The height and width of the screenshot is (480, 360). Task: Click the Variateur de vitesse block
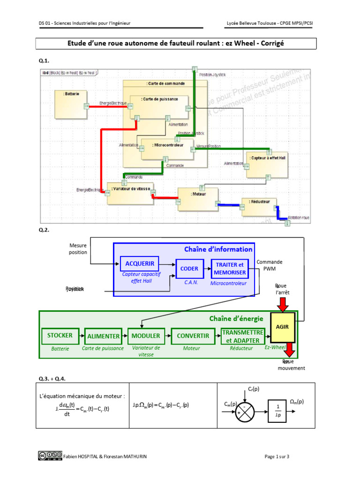point(130,193)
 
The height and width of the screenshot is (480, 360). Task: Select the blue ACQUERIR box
point(140,263)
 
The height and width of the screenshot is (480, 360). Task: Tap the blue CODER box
point(190,269)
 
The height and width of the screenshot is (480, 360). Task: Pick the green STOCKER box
point(60,336)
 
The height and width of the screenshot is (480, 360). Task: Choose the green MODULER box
point(146,336)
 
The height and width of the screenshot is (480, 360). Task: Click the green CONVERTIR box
point(192,336)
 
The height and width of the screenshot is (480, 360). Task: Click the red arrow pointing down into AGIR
point(282,304)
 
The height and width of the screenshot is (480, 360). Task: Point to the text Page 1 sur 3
point(277,457)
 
